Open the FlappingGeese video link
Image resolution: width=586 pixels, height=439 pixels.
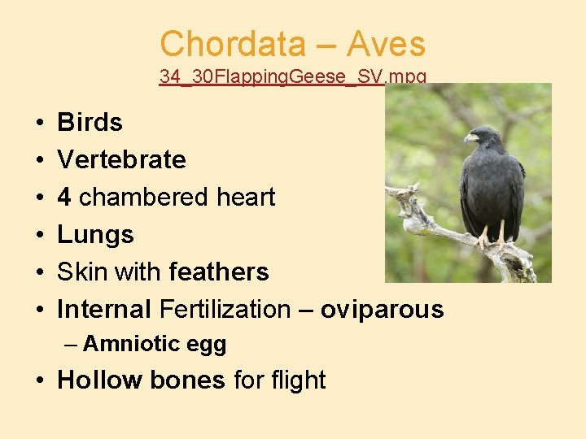pos(293,77)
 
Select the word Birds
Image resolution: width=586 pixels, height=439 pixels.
pos(90,123)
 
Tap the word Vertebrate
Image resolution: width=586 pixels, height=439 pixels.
pos(121,160)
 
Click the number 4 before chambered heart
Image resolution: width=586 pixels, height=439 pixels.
pos(64,198)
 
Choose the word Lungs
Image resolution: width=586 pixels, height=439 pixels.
pos(95,235)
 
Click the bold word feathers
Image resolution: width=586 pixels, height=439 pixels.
pos(219,272)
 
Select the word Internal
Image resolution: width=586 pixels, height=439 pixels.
pos(104,310)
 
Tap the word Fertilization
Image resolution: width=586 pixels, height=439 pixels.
pos(225,310)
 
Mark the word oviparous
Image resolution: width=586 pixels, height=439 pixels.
pos(382,310)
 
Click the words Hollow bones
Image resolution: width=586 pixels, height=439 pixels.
pos(141,380)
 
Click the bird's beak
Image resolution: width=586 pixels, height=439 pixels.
pos(470,138)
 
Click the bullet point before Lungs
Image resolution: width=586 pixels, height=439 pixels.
pos(40,236)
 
